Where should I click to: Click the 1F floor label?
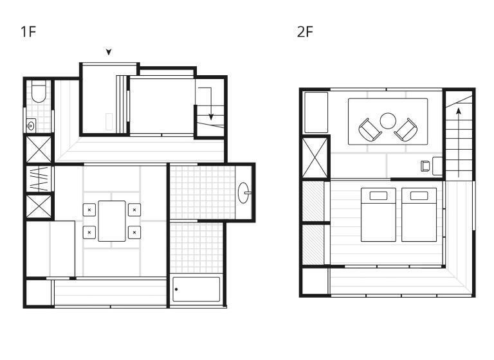click(x=28, y=32)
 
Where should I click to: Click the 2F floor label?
click(x=305, y=32)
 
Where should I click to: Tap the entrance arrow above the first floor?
click(x=109, y=52)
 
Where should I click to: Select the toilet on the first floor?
click(x=39, y=92)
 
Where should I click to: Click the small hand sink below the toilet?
click(x=31, y=126)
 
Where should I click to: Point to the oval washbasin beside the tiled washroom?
click(x=244, y=193)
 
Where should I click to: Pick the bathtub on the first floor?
click(x=196, y=289)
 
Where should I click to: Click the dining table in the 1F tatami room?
click(x=112, y=221)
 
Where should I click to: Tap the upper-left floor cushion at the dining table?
click(x=89, y=210)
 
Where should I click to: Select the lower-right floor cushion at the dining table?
click(x=134, y=233)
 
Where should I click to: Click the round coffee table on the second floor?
click(x=388, y=121)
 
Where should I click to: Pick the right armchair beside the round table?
click(x=406, y=130)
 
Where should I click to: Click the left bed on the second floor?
click(x=378, y=215)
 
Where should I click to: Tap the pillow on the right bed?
click(x=419, y=195)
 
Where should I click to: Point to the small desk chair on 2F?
click(x=425, y=166)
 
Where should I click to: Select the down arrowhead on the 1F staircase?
click(x=211, y=117)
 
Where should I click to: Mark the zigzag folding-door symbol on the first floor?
click(x=39, y=179)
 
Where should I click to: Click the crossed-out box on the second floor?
click(x=315, y=157)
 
